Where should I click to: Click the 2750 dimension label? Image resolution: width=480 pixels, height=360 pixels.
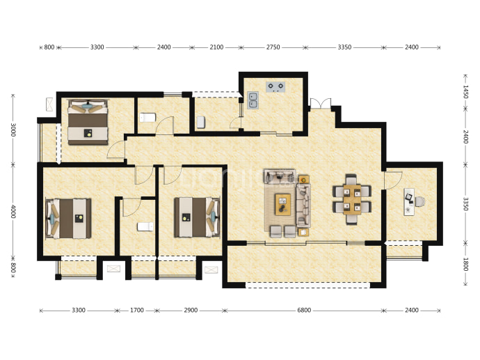coord(273,47)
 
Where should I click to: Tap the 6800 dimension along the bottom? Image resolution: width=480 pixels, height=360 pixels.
coord(304,311)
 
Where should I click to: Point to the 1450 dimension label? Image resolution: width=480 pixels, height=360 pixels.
coord(465,92)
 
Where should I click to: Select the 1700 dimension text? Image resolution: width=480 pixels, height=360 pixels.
coord(137,311)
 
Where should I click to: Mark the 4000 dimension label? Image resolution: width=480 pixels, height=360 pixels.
coord(13,212)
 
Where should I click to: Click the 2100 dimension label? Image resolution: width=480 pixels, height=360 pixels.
coord(216,47)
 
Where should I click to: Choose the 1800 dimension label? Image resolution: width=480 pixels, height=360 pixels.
coord(465,265)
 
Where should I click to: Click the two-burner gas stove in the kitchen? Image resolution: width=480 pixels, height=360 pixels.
coord(275,87)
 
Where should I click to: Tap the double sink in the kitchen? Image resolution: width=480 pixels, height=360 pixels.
coord(253,100)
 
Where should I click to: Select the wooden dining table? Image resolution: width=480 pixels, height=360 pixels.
coord(352,199)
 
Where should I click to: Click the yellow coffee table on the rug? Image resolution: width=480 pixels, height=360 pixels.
coord(282,204)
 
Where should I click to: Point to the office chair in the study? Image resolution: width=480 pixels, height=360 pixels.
coord(419,202)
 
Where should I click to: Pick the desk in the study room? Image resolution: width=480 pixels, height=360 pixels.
coord(409,202)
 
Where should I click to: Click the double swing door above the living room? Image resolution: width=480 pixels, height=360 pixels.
coord(321,102)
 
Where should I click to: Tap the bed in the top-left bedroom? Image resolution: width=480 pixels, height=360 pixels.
coord(88,122)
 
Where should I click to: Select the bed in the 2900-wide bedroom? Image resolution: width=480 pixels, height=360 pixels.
coord(197,217)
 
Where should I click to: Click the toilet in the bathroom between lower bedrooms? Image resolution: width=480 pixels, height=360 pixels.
coord(145,226)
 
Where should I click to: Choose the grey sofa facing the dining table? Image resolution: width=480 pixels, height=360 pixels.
coord(303,205)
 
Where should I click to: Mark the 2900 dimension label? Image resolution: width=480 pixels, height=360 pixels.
coord(191,311)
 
